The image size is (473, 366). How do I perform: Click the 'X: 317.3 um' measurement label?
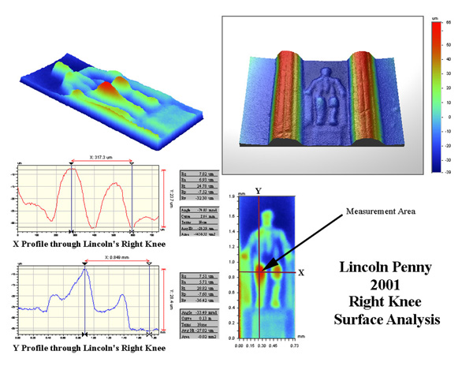pyautogui.click(x=101, y=157)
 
